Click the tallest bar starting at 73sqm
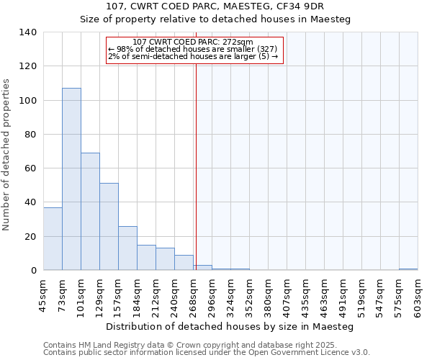pyautogui.click(x=71, y=179)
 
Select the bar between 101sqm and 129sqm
pyautogui.click(x=90, y=212)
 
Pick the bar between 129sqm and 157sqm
pyautogui.click(x=109, y=227)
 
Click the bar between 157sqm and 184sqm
pyautogui.click(x=127, y=248)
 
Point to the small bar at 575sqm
pyautogui.click(x=408, y=269)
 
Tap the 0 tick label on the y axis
pyautogui.click(x=33, y=271)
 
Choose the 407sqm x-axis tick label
pyautogui.click(x=287, y=297)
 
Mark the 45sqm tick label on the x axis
pyautogui.click(x=43, y=297)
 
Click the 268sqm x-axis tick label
pyautogui.click(x=193, y=297)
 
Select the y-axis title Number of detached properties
pyautogui.click(x=6, y=155)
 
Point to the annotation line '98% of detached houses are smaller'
pyautogui.click(x=194, y=49)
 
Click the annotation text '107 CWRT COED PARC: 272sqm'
pyautogui.click(x=193, y=42)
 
